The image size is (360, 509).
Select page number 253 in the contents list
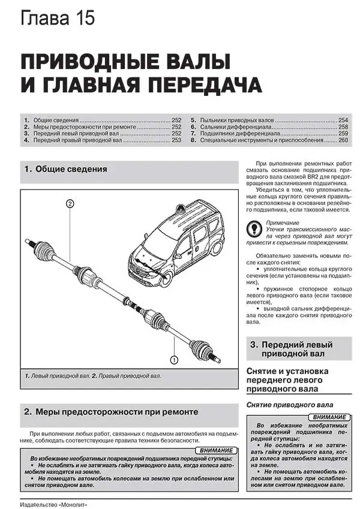[176, 140]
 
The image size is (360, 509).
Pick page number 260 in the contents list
[343, 140]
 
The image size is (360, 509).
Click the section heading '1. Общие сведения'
[65, 170]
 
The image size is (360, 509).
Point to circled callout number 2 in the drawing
[70, 204]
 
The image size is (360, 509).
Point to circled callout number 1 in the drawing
[174, 360]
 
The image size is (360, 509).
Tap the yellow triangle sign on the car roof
[180, 207]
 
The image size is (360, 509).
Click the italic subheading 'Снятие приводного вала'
[286, 405]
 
